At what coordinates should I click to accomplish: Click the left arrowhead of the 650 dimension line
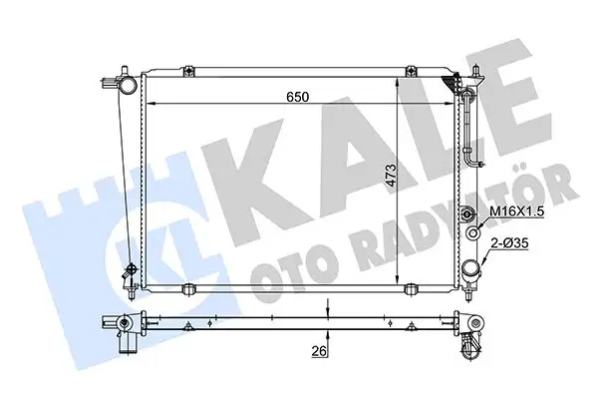(149, 103)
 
